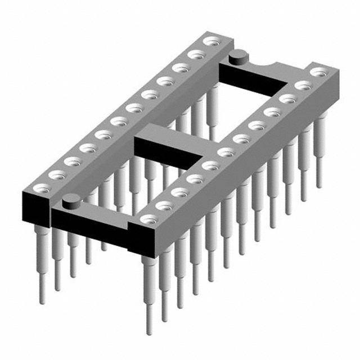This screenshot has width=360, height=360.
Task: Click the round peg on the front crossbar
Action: coord(70,199)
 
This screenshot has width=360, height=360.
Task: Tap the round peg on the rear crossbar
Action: coord(238,55)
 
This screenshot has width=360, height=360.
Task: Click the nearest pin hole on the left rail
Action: coord(40,187)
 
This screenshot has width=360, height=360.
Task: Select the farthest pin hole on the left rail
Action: coord(211,41)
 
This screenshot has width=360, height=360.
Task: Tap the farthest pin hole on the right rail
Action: coord(319,73)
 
